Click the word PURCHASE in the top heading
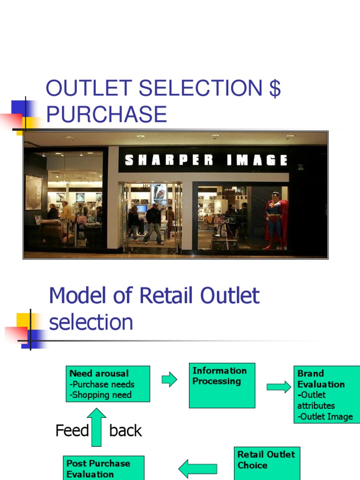pos(106,114)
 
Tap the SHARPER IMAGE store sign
pos(206,160)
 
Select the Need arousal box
pos(108,384)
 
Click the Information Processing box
pos(222,385)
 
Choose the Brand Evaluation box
pos(327,395)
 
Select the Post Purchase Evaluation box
pos(104,468)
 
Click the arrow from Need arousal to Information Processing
pos(169,379)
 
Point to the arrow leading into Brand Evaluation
pos(278,387)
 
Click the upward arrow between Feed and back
pos(97,427)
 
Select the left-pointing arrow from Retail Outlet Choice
pos(198,468)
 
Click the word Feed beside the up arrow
pos(72,430)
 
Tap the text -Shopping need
pos(100,395)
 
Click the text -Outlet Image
pos(325,416)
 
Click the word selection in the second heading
pos(91,322)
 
